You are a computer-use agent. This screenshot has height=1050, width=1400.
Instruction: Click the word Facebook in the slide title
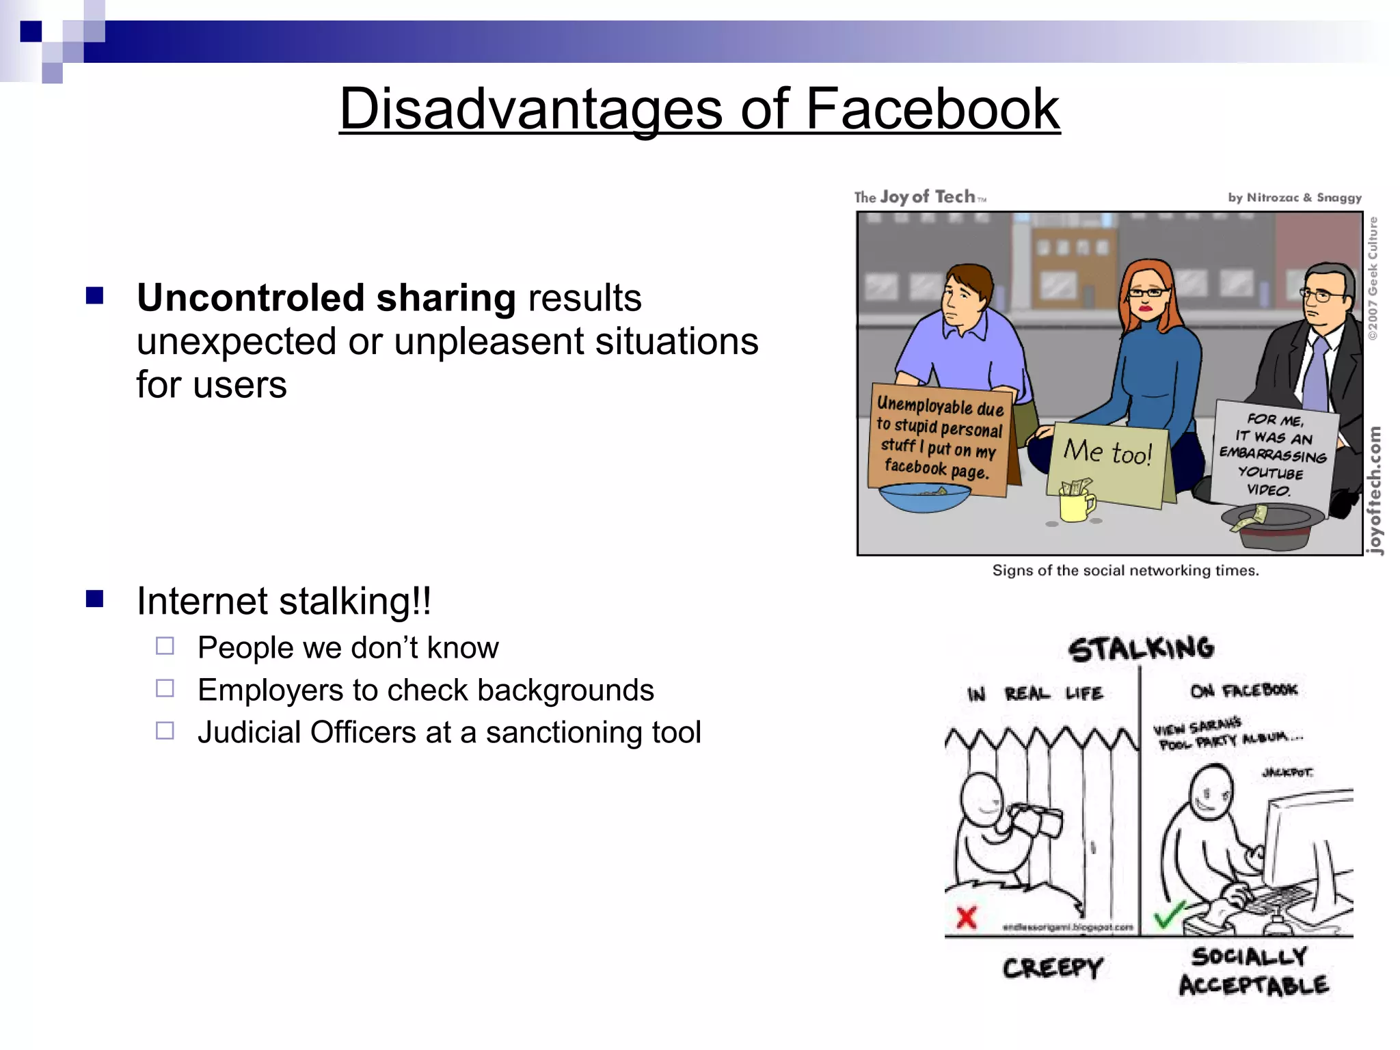(932, 109)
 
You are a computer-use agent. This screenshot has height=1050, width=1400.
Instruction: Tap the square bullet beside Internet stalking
(95, 600)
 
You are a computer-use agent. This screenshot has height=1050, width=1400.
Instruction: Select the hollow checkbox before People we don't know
(165, 646)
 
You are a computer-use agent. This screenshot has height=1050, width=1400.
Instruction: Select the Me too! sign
(1107, 462)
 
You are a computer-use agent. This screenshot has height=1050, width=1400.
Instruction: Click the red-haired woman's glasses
(1148, 293)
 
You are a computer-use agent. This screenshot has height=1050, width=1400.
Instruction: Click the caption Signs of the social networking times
(1125, 571)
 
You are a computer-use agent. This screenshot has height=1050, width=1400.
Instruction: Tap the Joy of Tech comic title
(920, 198)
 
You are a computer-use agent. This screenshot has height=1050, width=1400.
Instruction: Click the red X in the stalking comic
(967, 917)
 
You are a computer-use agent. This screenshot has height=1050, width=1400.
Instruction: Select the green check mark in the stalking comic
(1169, 915)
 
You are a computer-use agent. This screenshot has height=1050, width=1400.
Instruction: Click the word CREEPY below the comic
(1052, 968)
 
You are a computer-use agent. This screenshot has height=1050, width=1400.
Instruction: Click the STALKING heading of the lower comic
(1141, 649)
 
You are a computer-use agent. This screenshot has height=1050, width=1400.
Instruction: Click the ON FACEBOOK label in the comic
(1243, 690)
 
